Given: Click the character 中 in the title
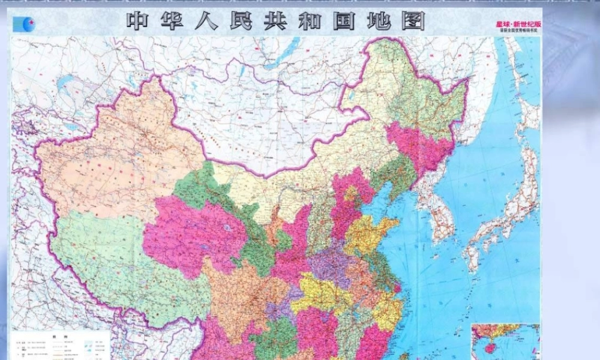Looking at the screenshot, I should (137, 21).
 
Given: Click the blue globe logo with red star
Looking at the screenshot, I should (24, 24).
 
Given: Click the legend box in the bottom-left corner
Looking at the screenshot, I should (60, 344).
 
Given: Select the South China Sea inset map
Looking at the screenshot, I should (505, 341).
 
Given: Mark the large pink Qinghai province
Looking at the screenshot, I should (192, 234).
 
